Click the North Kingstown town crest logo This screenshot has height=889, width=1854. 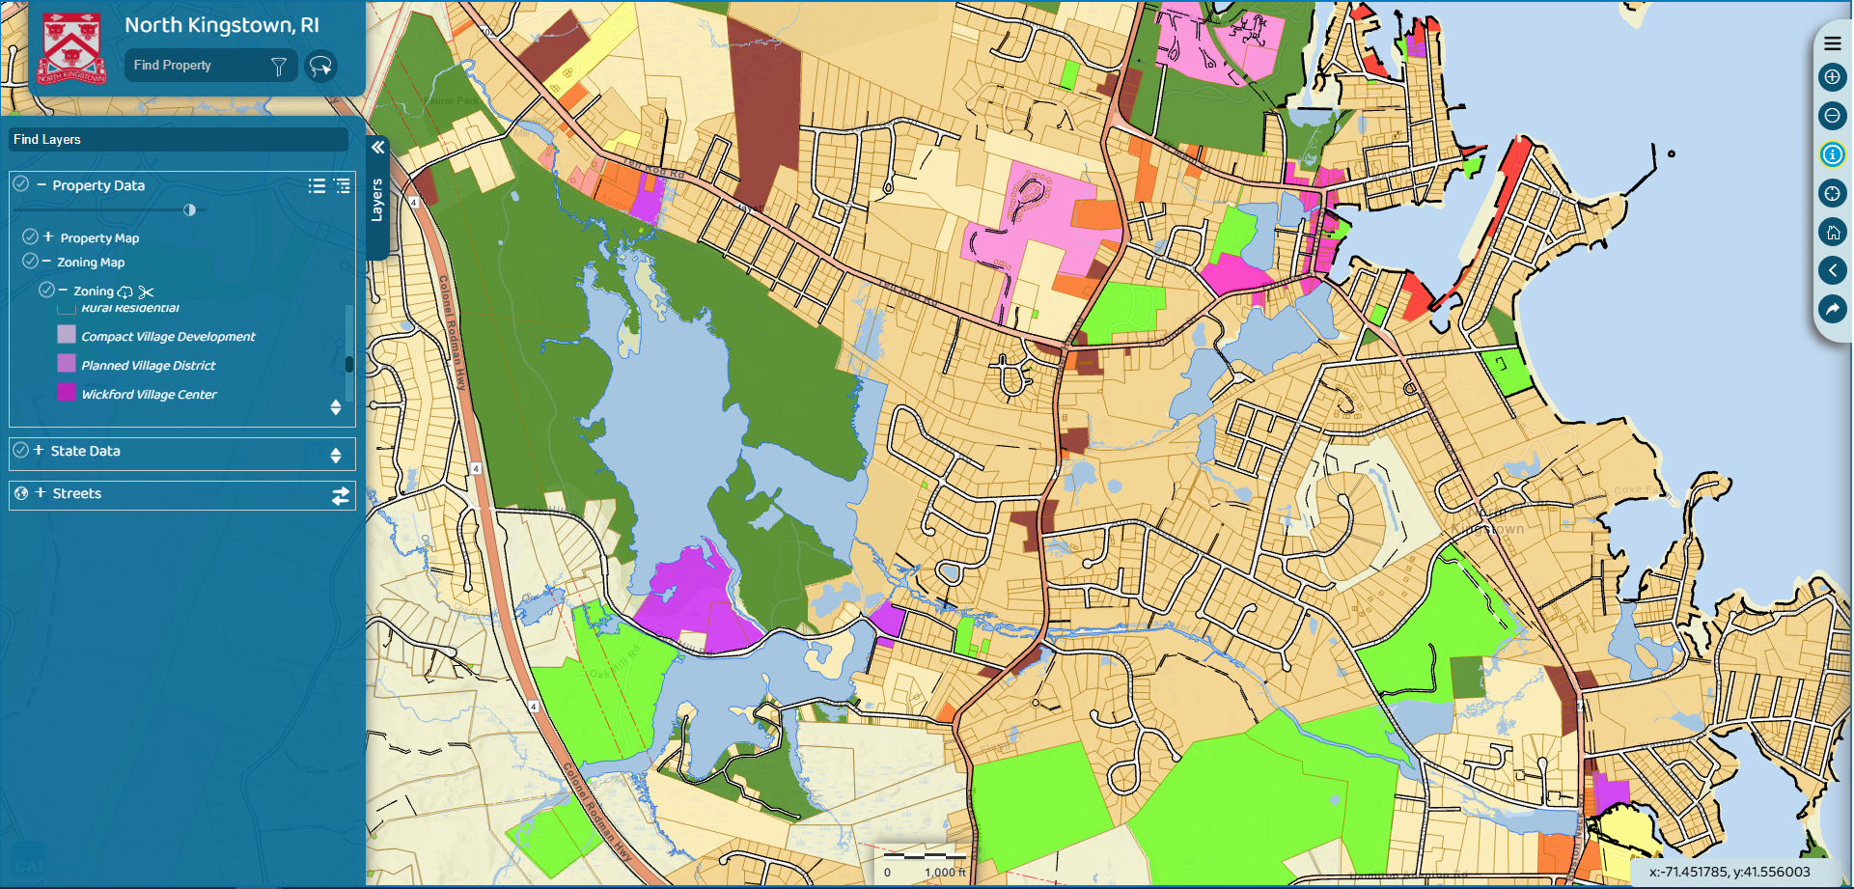tap(71, 47)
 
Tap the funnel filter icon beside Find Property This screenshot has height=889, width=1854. tap(279, 66)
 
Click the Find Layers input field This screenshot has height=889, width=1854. tap(179, 140)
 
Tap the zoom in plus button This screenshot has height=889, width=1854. tap(1832, 77)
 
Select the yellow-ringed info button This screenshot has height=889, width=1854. tap(1832, 154)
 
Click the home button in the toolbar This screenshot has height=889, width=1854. tap(1832, 232)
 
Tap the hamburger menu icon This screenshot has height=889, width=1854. tap(1832, 43)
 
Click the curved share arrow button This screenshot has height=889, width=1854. tap(1832, 309)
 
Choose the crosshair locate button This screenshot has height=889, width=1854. tap(1832, 193)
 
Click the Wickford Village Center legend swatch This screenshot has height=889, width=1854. tap(67, 393)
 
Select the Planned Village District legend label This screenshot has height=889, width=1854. tap(149, 366)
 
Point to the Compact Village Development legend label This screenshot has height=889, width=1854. tap(168, 337)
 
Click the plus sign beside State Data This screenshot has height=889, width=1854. tap(39, 450)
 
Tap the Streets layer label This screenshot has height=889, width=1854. tap(77, 493)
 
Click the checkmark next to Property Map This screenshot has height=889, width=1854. tap(30, 236)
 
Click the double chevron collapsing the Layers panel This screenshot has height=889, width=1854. tap(377, 148)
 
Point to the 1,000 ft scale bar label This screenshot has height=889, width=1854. tap(945, 873)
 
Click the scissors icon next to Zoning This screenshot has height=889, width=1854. tap(146, 292)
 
